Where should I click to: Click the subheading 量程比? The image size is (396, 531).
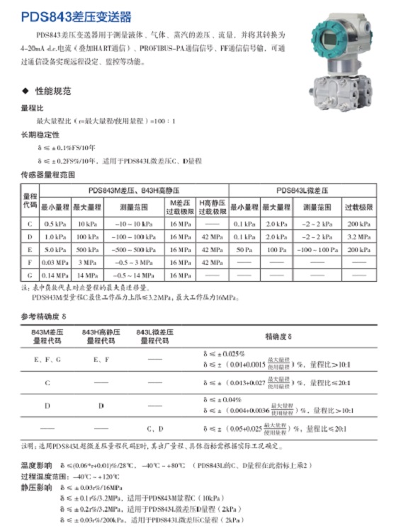point(33,109)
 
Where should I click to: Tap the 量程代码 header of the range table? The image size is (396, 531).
point(30,200)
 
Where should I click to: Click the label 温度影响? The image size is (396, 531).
point(35,465)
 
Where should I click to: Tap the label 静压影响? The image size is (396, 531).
point(35,488)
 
